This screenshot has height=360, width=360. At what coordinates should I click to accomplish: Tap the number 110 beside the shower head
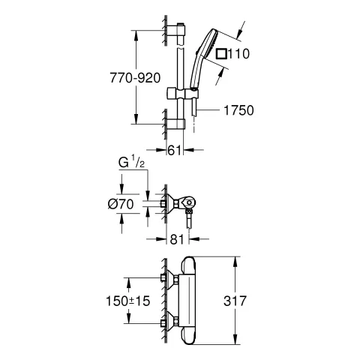238,54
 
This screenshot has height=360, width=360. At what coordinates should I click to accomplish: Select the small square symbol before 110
220,54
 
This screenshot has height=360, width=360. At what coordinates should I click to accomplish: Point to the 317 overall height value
255,301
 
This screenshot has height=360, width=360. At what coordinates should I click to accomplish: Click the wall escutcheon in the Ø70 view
171,204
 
